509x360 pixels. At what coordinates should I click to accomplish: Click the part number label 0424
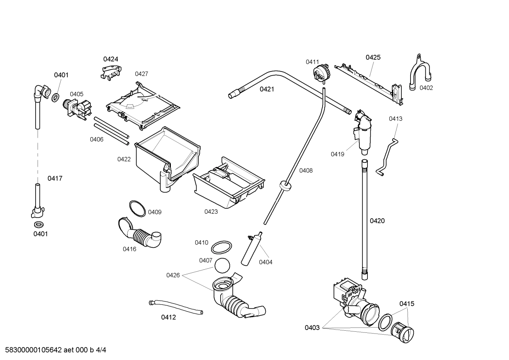(x=110, y=59)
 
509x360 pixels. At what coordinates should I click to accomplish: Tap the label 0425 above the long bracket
(x=373, y=57)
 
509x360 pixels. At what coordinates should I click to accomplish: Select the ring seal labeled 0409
(x=137, y=209)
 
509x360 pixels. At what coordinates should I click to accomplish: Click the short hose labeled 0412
(x=175, y=306)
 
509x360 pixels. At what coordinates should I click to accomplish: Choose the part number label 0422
(x=124, y=159)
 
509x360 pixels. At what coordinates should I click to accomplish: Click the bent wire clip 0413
(x=387, y=157)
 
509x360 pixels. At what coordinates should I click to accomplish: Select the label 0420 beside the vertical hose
(x=377, y=221)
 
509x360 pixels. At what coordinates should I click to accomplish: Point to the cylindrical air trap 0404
(x=252, y=249)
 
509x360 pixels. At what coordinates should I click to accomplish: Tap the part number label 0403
(x=312, y=328)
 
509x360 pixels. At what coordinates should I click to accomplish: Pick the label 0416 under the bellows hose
(x=129, y=249)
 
